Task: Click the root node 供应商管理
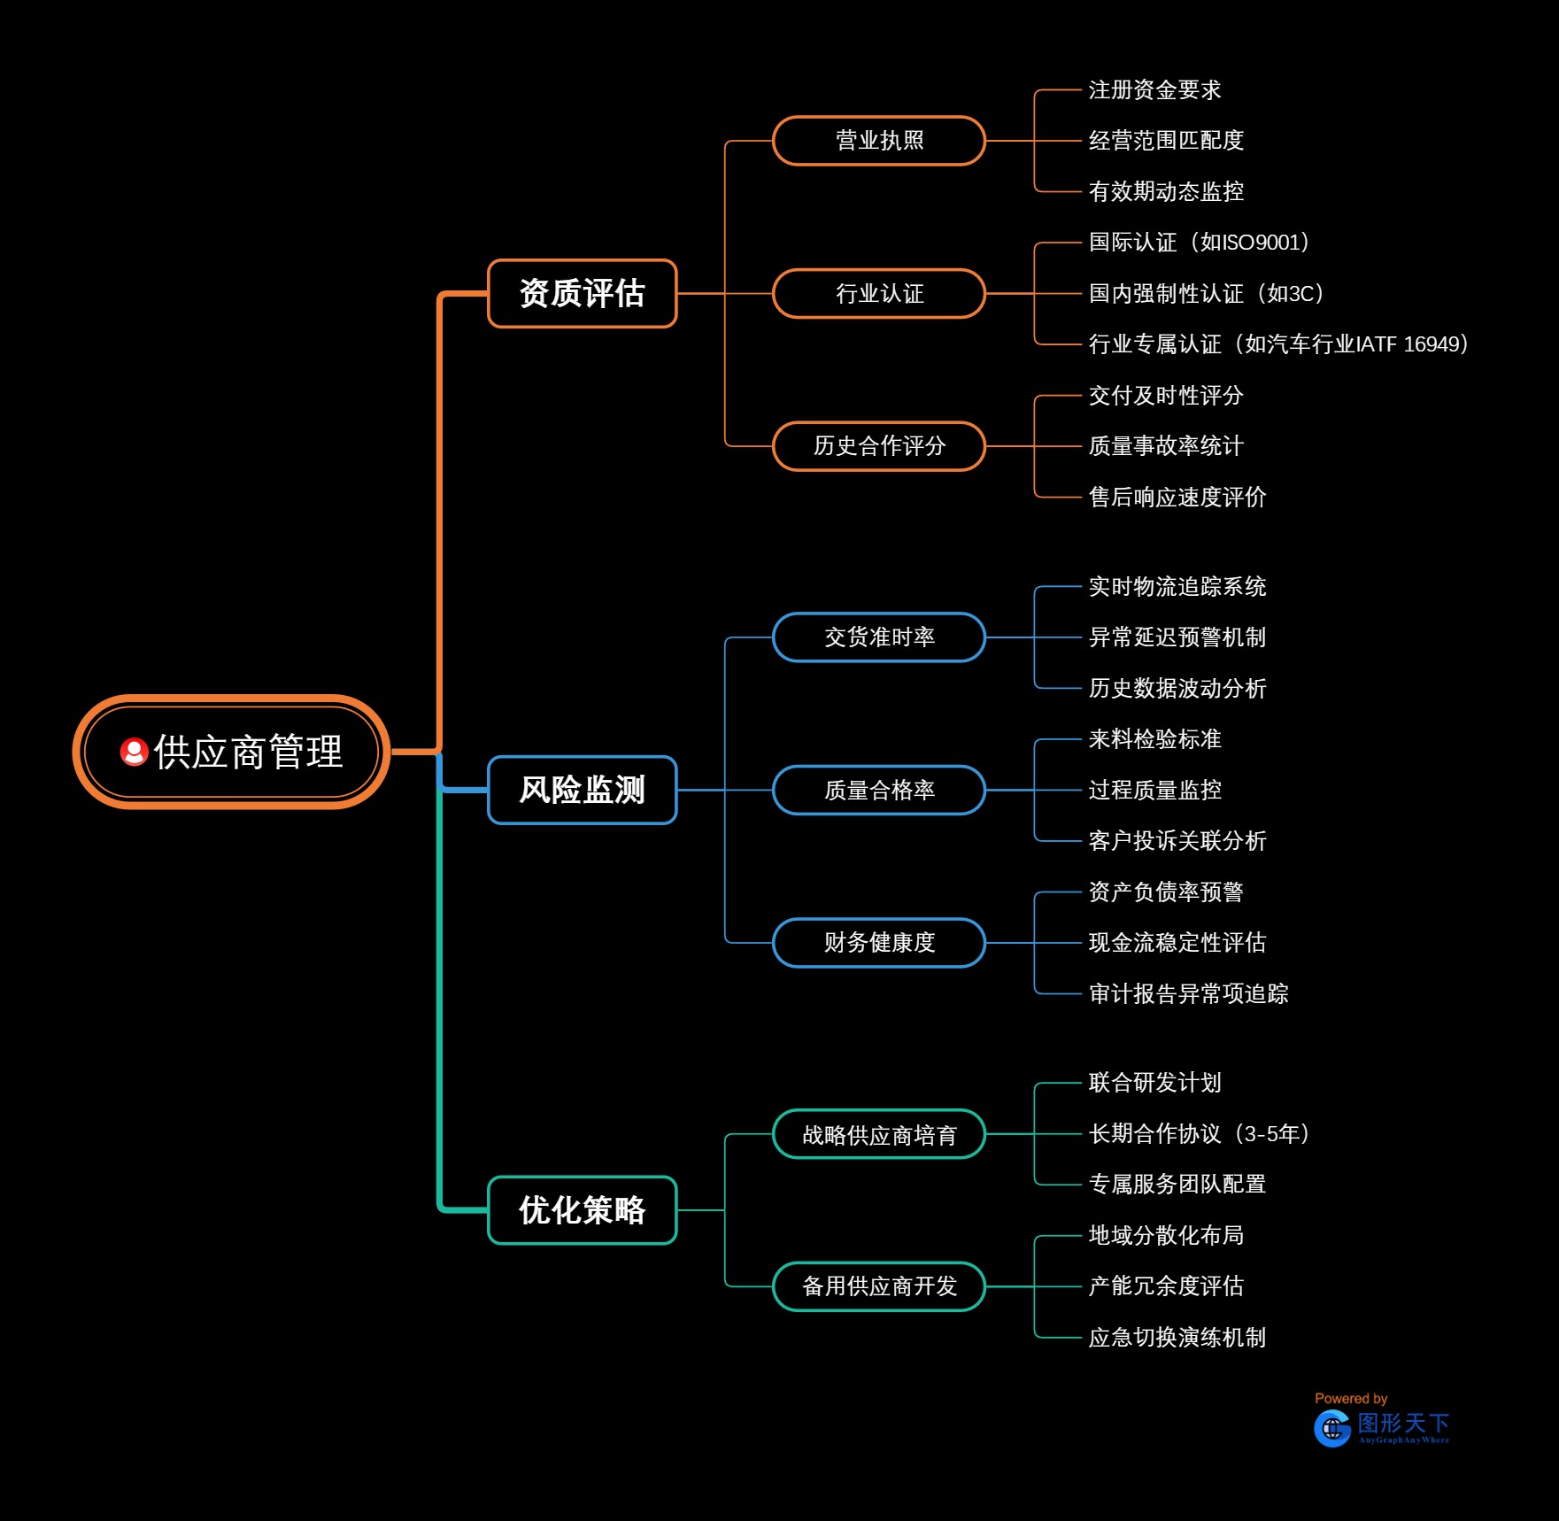coord(232,752)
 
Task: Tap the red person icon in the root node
coord(134,752)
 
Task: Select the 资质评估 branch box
coord(582,293)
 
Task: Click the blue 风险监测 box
coord(582,790)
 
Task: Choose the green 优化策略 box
coord(582,1209)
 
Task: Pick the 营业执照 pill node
coord(878,141)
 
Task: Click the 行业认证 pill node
coord(878,293)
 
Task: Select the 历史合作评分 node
coord(878,446)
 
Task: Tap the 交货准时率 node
coord(878,637)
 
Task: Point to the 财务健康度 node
coord(878,943)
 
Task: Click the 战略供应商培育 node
coord(878,1134)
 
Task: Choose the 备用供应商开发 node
coord(878,1286)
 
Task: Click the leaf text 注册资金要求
coord(1154,90)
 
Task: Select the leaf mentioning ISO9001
coord(1199,243)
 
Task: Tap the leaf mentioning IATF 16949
coord(1278,344)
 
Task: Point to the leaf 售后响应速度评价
coord(1177,498)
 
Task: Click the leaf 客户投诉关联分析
coord(1177,841)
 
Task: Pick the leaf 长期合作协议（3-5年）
coord(1199,1134)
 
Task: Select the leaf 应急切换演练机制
coord(1177,1338)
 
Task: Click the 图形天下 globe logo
coord(1332,1428)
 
